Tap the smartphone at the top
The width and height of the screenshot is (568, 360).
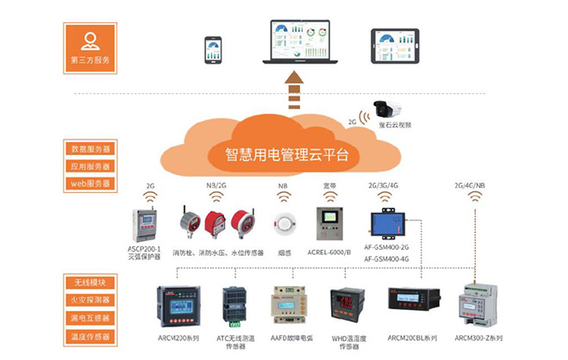point(213,50)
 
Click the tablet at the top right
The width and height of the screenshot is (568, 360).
point(396,47)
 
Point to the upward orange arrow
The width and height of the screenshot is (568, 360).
point(295,86)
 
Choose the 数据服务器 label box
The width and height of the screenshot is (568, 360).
point(90,148)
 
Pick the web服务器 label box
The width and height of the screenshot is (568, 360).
point(90,183)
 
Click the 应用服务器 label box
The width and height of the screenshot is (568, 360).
point(90,165)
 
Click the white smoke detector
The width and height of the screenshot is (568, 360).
point(283,224)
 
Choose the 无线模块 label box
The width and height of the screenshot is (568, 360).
point(90,283)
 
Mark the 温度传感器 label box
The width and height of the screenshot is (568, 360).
point(90,336)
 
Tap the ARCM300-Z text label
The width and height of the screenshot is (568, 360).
point(480,338)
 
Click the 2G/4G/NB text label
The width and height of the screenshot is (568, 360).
point(472,185)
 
